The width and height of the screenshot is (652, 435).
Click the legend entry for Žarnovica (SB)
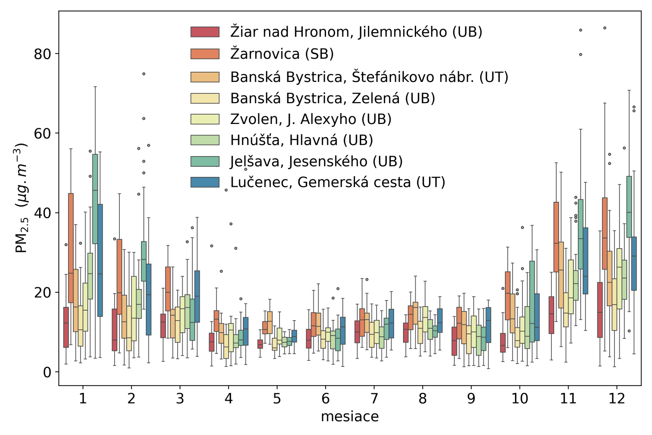point(282,54)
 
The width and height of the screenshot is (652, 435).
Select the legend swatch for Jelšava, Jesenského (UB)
point(205,161)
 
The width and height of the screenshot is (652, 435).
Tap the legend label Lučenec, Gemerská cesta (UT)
point(337,182)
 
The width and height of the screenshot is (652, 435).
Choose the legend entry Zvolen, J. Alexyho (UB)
point(311,119)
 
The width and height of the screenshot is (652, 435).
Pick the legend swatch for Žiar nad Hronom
point(205,32)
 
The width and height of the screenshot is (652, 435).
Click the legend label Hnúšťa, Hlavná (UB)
point(302,140)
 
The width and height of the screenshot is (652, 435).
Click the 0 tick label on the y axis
point(47,372)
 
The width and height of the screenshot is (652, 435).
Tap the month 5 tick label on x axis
point(277,398)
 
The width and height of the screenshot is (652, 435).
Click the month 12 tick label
point(617,398)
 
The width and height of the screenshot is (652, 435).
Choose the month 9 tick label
point(471,398)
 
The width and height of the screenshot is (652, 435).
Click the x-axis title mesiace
point(350,417)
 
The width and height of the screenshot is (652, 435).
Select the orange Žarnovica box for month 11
point(556,236)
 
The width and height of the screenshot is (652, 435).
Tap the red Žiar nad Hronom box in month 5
point(260,344)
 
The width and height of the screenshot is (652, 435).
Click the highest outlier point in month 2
point(144,74)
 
